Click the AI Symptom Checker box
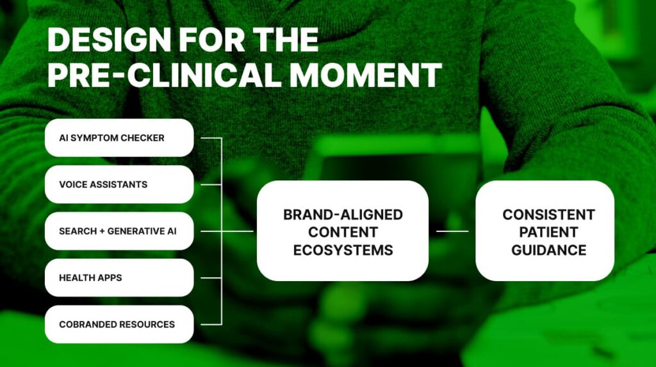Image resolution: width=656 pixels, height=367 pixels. pos(119,138)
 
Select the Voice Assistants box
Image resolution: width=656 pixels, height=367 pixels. pos(119,184)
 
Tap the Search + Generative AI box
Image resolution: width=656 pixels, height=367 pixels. pos(119,231)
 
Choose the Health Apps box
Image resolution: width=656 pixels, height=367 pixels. pos(119,278)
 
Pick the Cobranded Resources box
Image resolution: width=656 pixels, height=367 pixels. pos(119,324)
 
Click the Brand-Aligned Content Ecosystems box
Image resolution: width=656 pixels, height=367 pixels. pos(343,231)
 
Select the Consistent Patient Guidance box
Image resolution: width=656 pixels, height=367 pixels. pos(545,231)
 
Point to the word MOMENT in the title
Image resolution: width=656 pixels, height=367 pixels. pos(365,76)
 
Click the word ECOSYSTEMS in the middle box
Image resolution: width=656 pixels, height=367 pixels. pos(343,250)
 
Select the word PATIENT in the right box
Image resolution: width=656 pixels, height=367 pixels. pos(548,232)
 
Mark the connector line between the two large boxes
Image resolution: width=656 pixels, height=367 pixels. pos(452,231)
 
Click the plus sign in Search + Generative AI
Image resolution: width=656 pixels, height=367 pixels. pos(102,231)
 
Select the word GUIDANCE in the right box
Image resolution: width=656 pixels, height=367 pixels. pos(548,250)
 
